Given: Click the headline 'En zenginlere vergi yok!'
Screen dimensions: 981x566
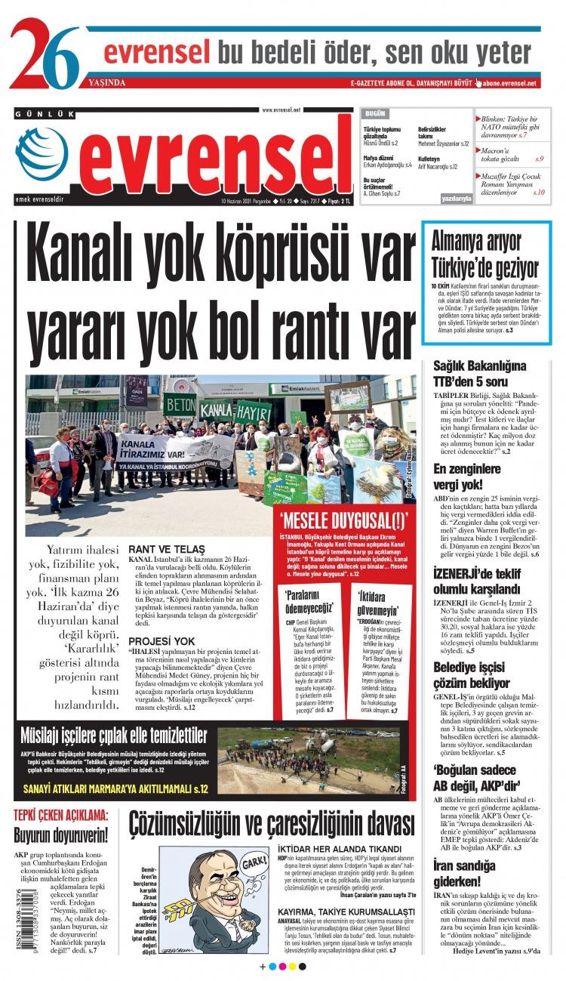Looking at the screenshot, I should pos(468,477).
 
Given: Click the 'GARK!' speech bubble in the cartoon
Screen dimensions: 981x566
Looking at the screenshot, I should pos(254,862).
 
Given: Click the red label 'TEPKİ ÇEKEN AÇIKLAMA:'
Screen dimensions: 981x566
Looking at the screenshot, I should pos(61,816).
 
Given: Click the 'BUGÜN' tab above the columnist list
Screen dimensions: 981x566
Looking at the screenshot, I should pos(375,113).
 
